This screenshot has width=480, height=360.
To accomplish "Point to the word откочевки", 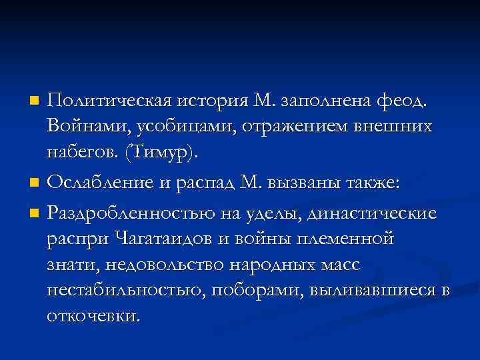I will (93, 315).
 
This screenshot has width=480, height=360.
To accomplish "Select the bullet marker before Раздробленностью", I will (35, 214).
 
